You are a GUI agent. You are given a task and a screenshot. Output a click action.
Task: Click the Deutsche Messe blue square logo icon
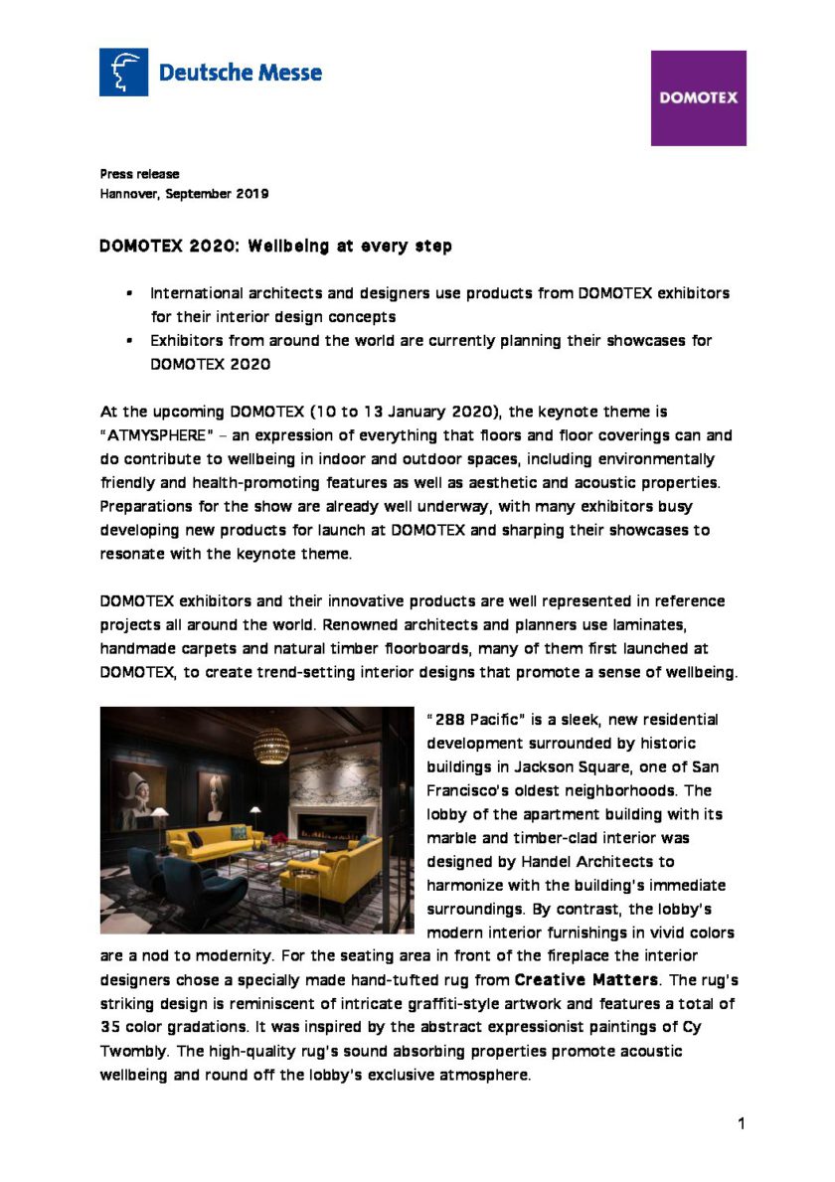point(123,73)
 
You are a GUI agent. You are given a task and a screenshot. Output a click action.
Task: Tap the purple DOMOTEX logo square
point(698,98)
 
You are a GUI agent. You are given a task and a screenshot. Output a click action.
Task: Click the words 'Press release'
point(139,174)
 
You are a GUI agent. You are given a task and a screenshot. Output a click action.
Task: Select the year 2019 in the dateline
point(252,194)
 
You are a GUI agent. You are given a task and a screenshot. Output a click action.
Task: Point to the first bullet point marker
point(129,294)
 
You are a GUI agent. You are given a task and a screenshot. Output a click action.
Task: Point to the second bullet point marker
point(129,341)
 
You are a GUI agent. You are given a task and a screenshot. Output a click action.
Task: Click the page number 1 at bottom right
point(742,1123)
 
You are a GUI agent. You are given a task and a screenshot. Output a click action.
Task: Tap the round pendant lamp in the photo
point(270,745)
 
